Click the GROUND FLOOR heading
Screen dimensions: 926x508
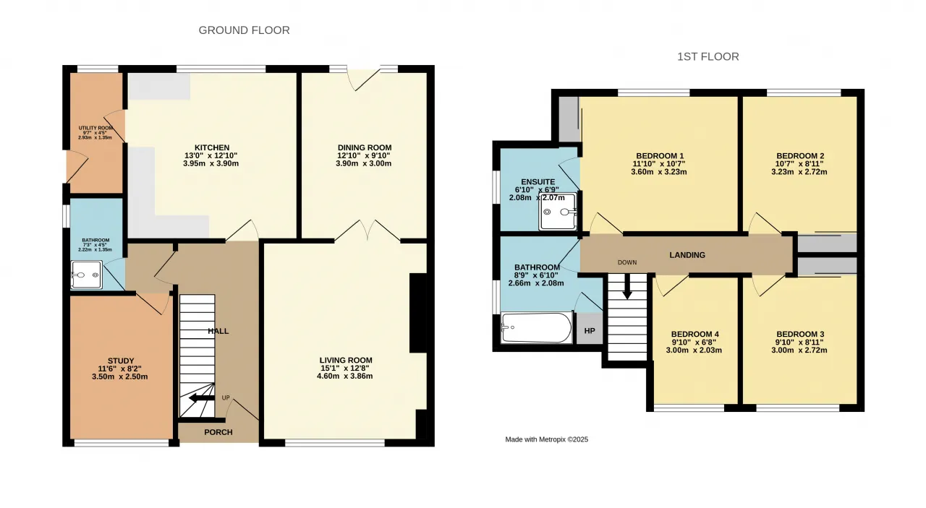[x=244, y=30]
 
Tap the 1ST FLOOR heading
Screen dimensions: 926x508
[x=708, y=56]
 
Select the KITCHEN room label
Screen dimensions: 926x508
[x=212, y=147]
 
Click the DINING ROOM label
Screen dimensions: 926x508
[x=364, y=147]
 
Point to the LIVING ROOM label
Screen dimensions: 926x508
[x=346, y=360]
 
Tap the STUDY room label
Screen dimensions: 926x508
[x=121, y=361]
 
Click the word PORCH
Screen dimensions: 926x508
[x=218, y=432]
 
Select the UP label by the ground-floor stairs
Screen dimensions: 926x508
[x=226, y=397]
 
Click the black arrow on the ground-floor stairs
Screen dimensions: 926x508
[x=202, y=397]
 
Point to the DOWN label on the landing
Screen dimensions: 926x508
[x=627, y=262]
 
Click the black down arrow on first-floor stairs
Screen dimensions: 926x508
[x=627, y=286]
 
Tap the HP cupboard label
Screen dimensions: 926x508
[x=590, y=330]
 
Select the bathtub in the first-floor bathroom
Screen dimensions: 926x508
[x=536, y=327]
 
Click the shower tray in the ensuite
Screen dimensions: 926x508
[x=558, y=212]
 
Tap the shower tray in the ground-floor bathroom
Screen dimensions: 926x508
[x=86, y=275]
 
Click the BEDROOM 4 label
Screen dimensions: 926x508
[x=695, y=334]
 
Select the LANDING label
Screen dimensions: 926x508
[x=687, y=255]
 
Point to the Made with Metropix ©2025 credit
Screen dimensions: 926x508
[x=546, y=439]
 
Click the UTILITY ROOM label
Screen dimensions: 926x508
[x=95, y=128]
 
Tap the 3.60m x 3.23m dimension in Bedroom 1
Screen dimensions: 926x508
[x=659, y=172]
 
